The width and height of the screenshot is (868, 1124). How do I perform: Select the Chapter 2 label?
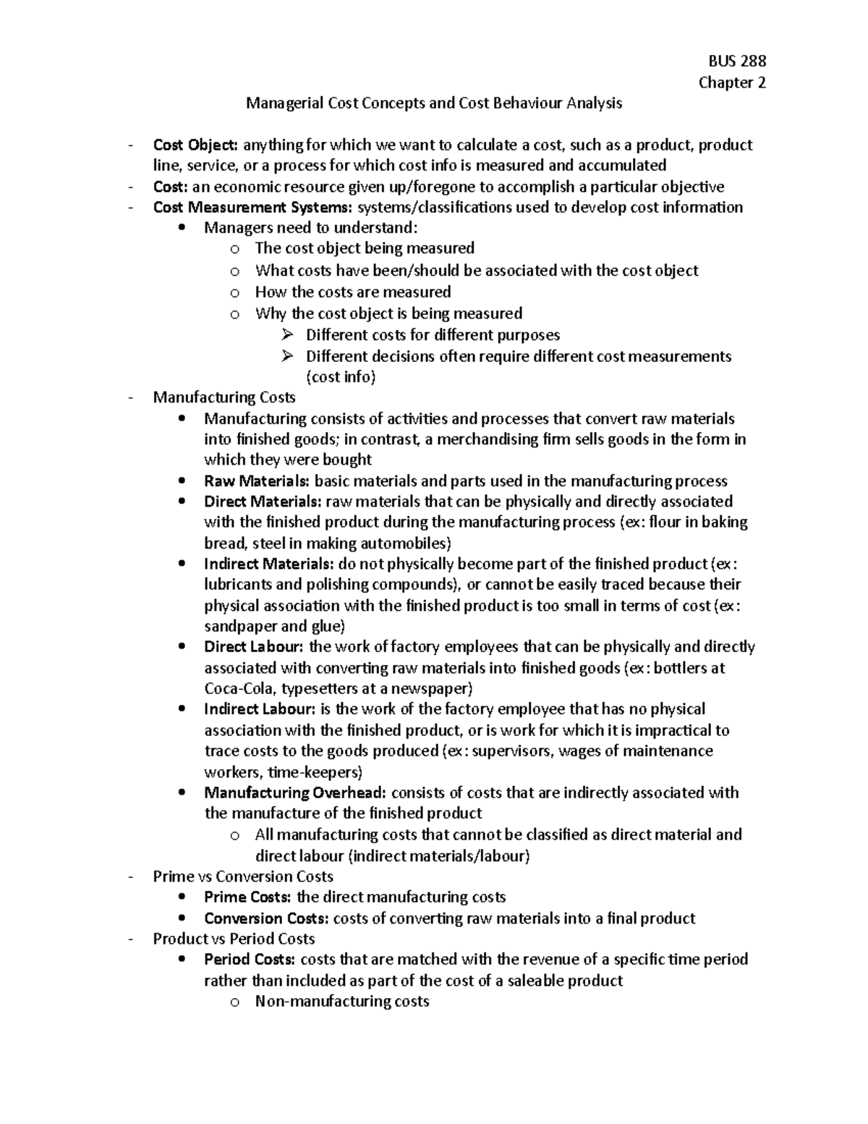(732, 83)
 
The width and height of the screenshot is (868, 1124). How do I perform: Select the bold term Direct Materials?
(263, 502)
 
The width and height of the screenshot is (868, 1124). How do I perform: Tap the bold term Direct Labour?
(255, 647)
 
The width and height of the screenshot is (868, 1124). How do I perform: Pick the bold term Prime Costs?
(248, 897)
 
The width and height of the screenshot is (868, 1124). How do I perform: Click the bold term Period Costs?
(250, 960)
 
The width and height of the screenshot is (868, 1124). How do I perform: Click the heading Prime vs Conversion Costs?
(243, 876)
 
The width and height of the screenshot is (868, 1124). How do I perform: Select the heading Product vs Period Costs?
(234, 939)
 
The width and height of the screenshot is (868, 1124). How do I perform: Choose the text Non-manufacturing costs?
(342, 1002)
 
